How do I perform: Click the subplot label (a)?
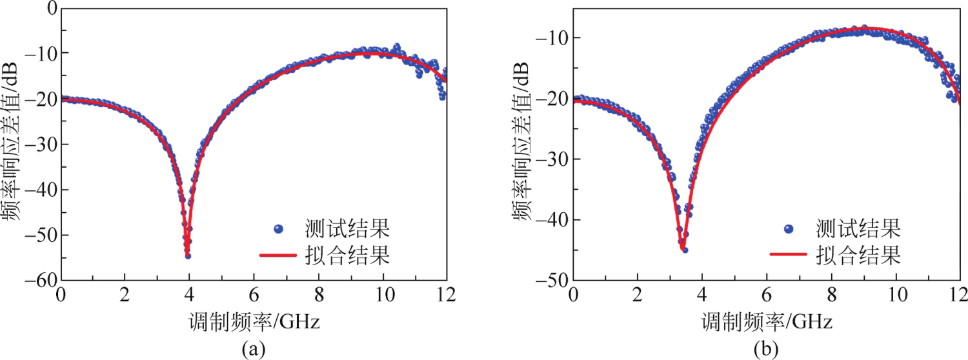tap(253, 349)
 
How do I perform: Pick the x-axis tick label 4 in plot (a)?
tap(190, 295)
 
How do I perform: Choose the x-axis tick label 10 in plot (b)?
tap(895, 295)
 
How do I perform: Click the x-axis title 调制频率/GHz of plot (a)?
tap(253, 321)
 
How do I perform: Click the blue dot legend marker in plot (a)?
tap(278, 228)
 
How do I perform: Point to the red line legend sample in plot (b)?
tap(788, 255)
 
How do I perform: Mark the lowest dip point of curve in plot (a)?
tap(188, 255)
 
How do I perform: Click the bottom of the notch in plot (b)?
tap(682, 249)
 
